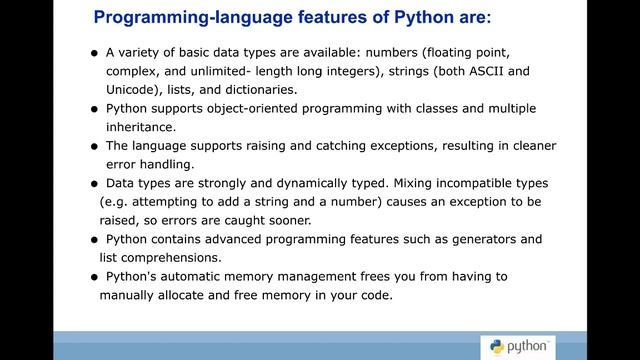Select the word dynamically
(x=328, y=183)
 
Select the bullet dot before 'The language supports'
(x=95, y=146)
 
